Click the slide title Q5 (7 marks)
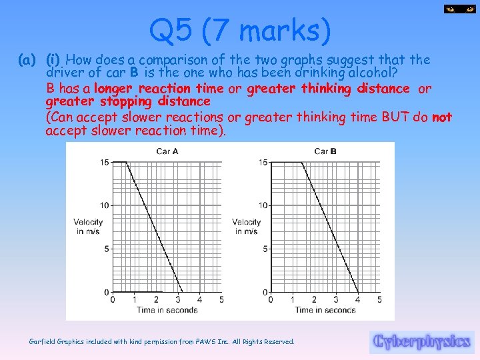pyautogui.click(x=240, y=30)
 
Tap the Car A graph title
pyautogui.click(x=167, y=151)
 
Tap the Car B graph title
pyautogui.click(x=325, y=151)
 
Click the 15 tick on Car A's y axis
pyautogui.click(x=104, y=162)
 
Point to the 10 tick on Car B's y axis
pyautogui.click(x=263, y=205)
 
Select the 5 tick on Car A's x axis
pyautogui.click(x=221, y=300)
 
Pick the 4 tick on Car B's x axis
pyautogui.click(x=358, y=300)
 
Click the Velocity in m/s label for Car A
pyautogui.click(x=88, y=226)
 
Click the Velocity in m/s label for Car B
pyautogui.click(x=246, y=226)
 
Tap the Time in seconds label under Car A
pyautogui.click(x=167, y=310)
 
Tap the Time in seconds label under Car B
pyautogui.click(x=325, y=310)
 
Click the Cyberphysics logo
pyautogui.click(x=421, y=341)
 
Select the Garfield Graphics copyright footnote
pyautogui.click(x=162, y=341)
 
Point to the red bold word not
pyautogui.click(x=442, y=117)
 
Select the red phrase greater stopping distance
pyautogui.click(x=128, y=102)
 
